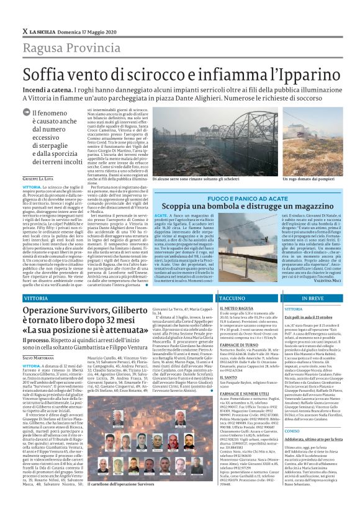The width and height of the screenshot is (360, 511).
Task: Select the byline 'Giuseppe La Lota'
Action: click(x=38, y=179)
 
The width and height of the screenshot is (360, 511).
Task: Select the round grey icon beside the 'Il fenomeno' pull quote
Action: click(x=25, y=112)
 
